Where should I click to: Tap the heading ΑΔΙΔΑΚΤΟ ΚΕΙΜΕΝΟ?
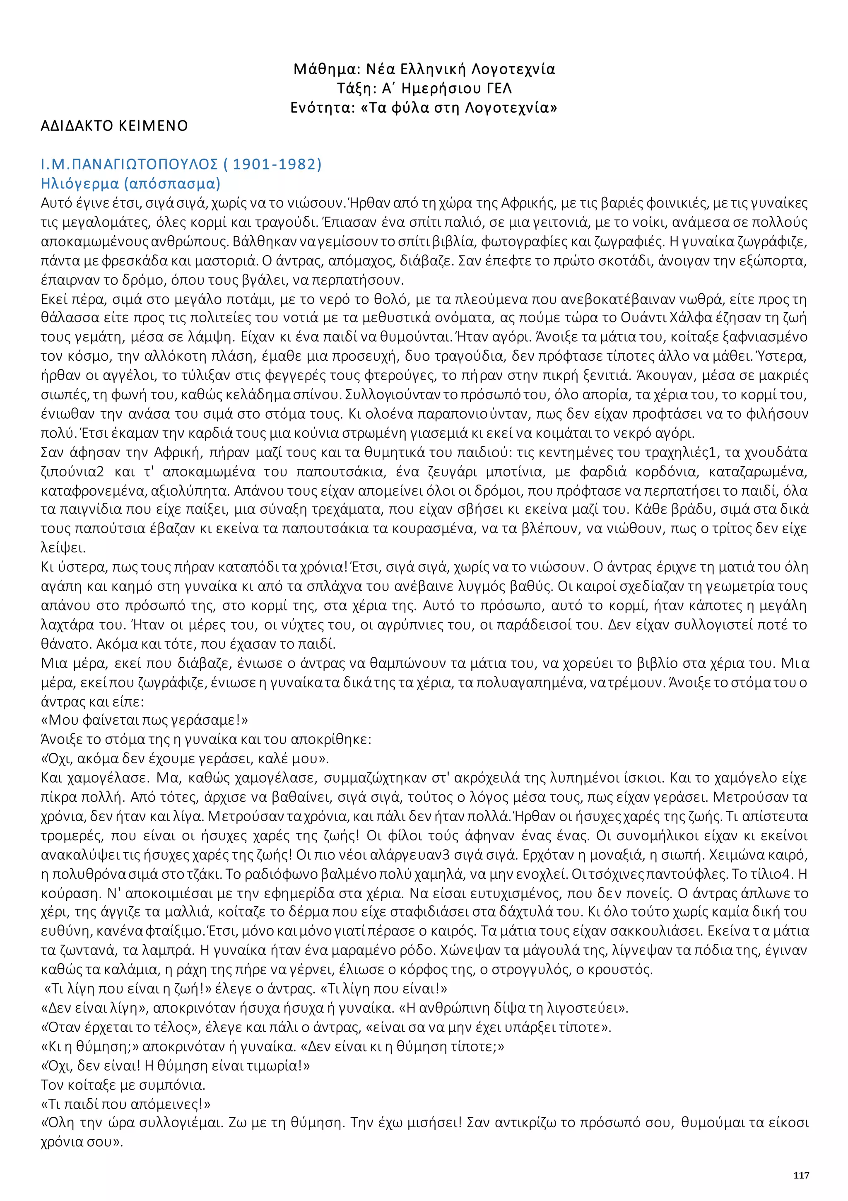click(x=114, y=126)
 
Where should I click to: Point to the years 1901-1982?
click(x=276, y=164)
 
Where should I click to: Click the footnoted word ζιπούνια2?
click(x=72, y=471)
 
